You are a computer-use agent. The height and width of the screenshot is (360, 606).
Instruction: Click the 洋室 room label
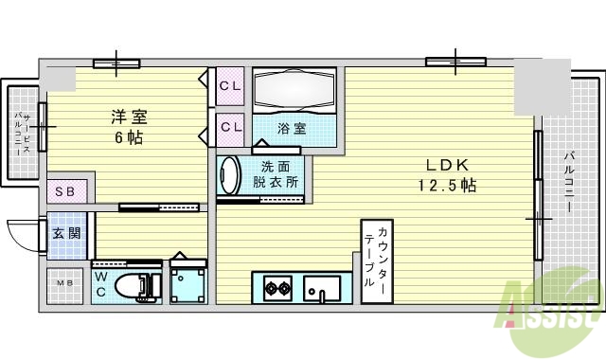point(130,117)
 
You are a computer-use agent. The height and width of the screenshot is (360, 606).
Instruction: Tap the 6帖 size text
point(130,136)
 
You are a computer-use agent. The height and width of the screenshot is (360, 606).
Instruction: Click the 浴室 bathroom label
point(291,126)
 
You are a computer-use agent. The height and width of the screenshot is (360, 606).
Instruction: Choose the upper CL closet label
point(230,86)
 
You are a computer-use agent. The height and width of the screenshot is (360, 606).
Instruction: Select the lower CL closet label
point(230,125)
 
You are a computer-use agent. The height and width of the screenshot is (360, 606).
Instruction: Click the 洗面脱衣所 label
point(279,174)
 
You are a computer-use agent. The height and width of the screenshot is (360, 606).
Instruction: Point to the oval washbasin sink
point(228,177)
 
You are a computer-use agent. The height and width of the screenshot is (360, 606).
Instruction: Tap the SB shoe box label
point(67,189)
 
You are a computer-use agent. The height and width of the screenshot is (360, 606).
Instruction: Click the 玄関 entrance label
point(66,233)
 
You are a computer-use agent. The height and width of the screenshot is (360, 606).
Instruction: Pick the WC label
point(101,283)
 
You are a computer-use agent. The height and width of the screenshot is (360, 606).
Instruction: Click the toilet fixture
point(133,285)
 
